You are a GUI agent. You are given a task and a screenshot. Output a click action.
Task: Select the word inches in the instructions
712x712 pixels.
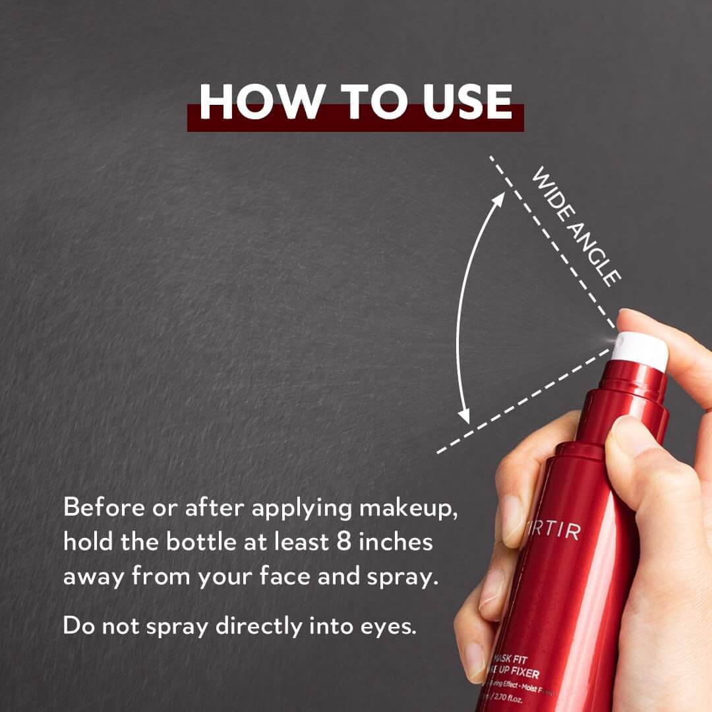point(403,543)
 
